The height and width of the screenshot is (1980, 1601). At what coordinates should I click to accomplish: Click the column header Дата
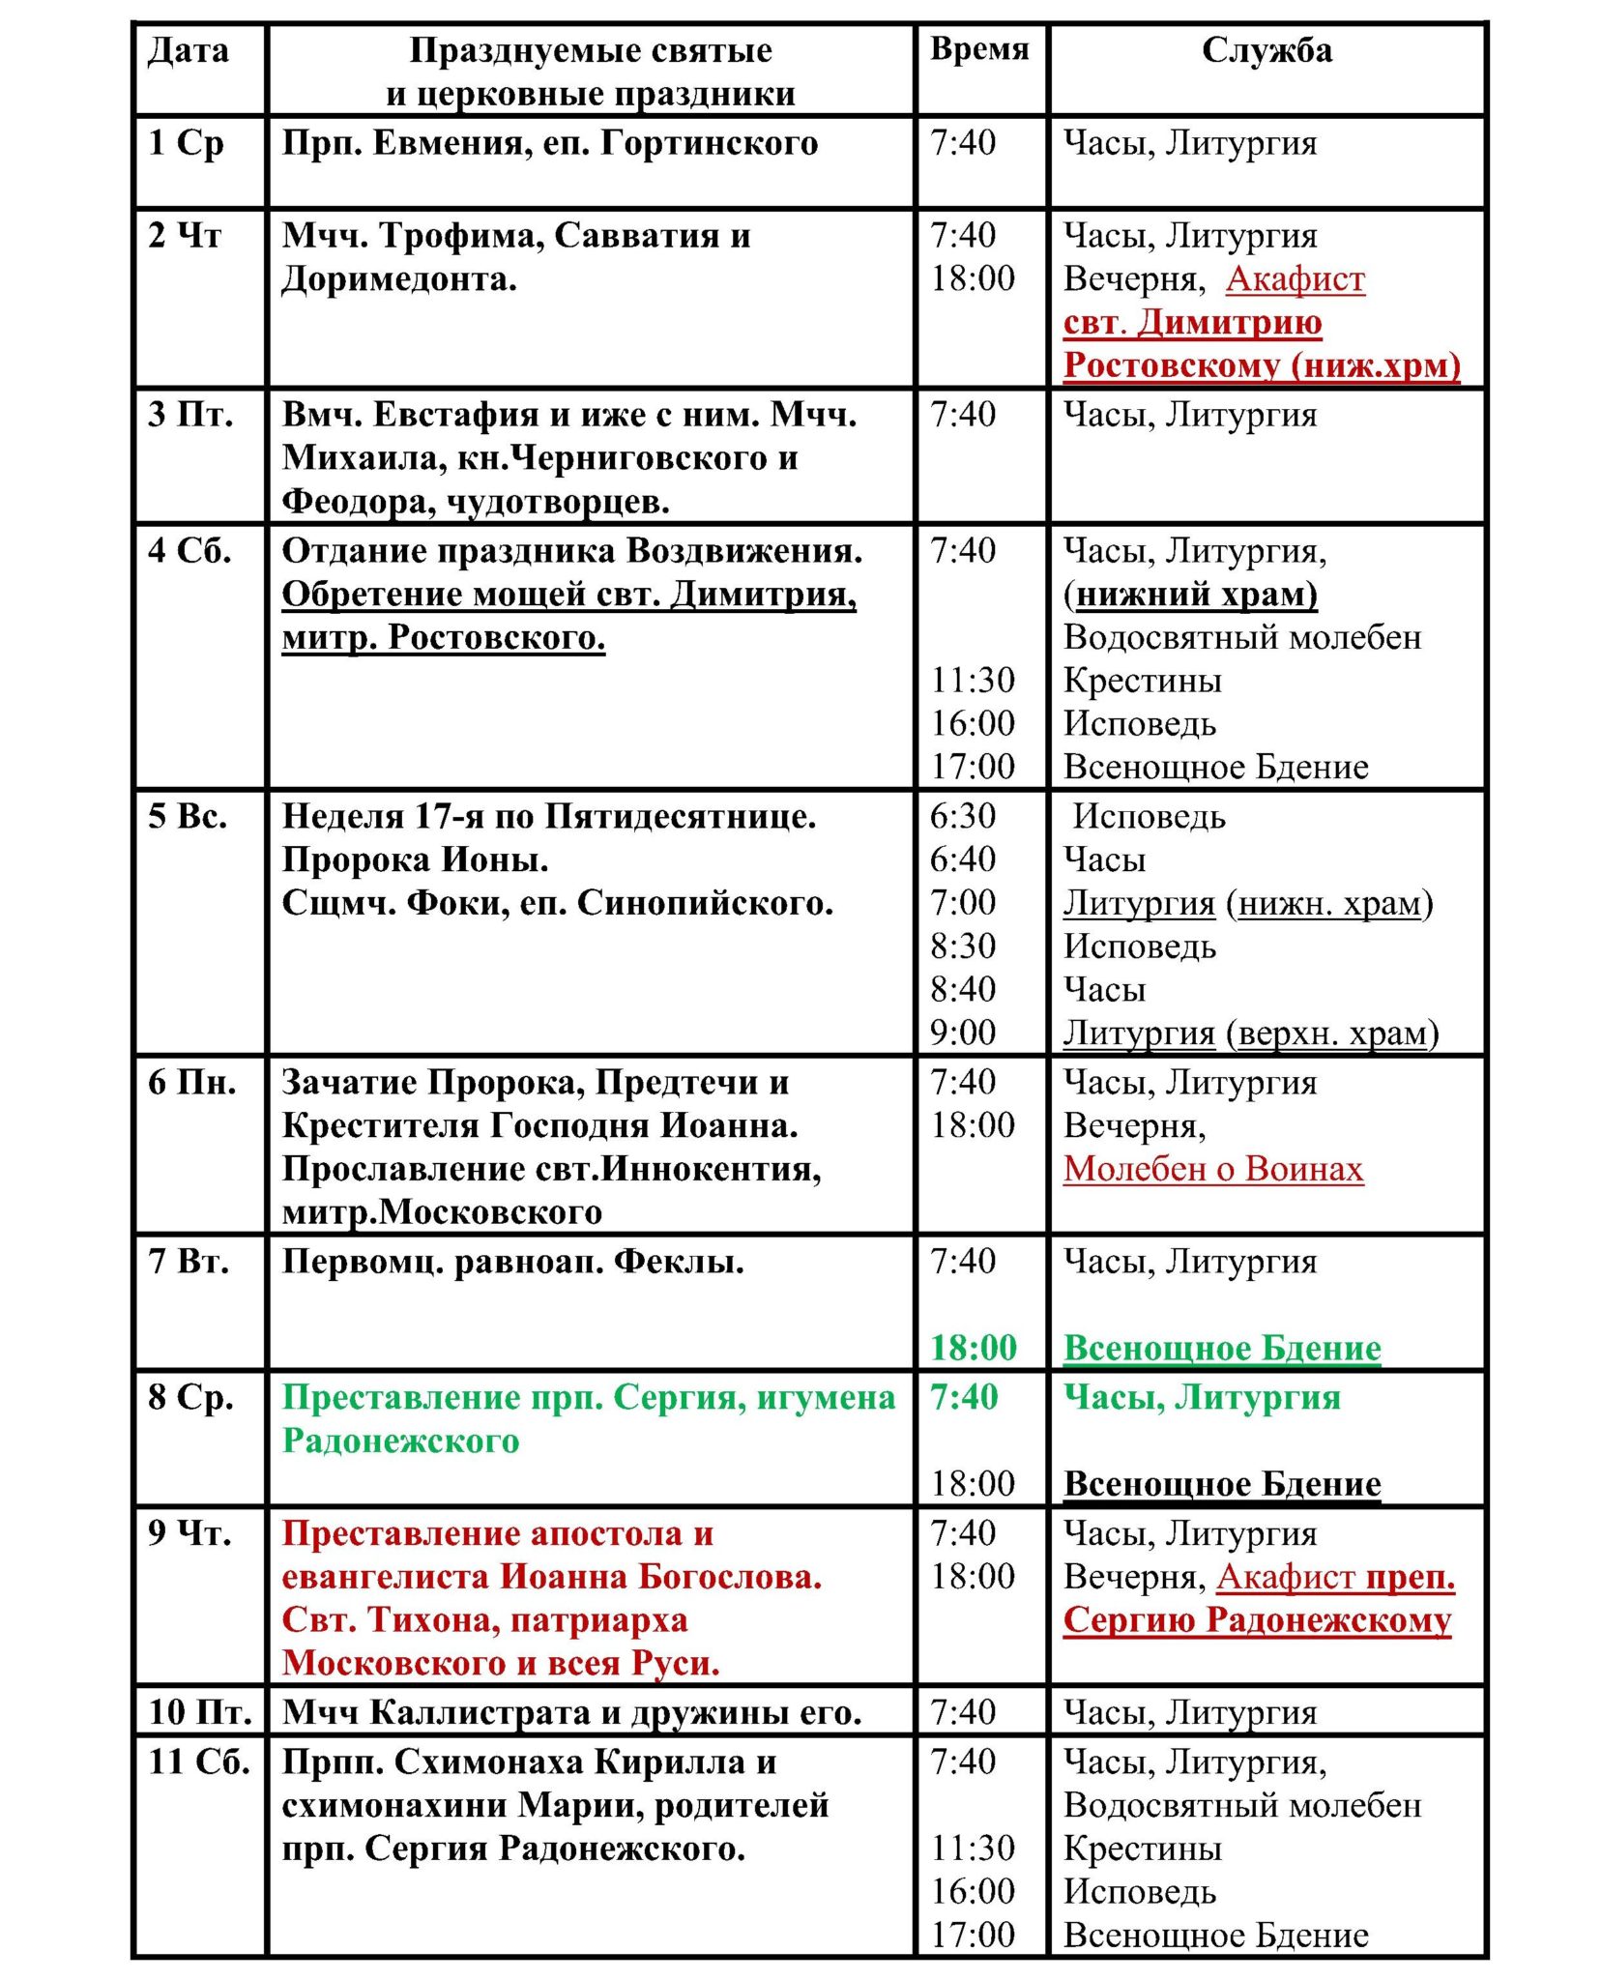188,50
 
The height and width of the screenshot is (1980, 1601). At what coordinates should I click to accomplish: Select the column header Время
978,48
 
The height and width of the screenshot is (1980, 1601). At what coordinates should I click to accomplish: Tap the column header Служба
1266,50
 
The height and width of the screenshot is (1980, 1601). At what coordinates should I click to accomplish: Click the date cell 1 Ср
186,143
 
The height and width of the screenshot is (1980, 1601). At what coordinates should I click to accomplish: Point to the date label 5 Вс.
188,816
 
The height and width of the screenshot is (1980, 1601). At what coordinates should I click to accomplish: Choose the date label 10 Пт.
199,1712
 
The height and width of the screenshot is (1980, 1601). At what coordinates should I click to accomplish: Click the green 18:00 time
973,1348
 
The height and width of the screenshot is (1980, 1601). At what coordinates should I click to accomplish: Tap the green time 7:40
963,1397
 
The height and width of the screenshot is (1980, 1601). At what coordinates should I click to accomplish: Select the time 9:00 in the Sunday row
962,1033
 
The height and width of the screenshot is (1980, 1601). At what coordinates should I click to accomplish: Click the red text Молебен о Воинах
1212,1169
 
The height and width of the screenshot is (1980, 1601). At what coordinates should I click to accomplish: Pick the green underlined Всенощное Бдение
1221,1348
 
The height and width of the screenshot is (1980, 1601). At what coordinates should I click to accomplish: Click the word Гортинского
709,143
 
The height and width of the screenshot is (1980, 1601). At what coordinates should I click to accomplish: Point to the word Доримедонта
398,279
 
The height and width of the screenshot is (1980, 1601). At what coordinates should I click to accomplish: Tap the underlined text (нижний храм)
1190,594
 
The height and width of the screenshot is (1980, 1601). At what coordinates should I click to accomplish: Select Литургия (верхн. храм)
1250,1033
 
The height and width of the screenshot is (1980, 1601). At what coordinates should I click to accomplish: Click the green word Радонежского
400,1441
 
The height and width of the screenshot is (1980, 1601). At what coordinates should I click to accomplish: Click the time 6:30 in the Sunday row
962,816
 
